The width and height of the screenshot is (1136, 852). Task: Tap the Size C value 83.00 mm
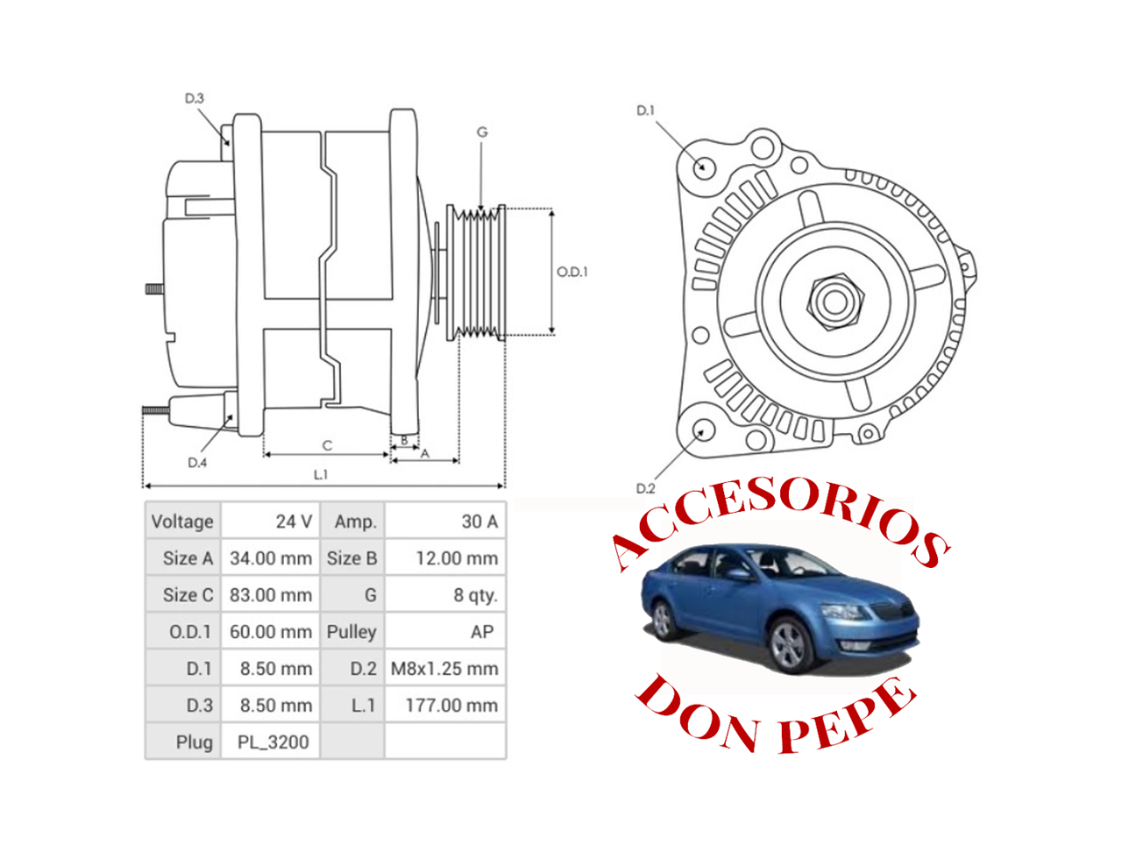pyautogui.click(x=271, y=596)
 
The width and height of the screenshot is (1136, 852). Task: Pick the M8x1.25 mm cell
pyautogui.click(x=445, y=669)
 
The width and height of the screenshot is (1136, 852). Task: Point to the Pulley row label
pyautogui.click(x=351, y=632)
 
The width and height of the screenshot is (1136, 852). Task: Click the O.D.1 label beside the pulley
pyautogui.click(x=572, y=272)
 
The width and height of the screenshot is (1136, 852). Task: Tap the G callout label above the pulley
pyautogui.click(x=482, y=132)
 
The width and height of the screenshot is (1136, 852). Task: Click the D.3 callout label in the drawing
pyautogui.click(x=194, y=98)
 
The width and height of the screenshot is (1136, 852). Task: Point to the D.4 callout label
pyautogui.click(x=197, y=462)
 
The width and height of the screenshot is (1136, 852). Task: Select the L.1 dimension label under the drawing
pyautogui.click(x=320, y=475)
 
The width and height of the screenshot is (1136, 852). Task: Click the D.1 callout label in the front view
pyautogui.click(x=645, y=110)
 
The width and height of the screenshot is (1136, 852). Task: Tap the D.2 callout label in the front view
pyautogui.click(x=645, y=488)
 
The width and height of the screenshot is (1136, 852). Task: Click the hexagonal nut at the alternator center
pyautogui.click(x=834, y=302)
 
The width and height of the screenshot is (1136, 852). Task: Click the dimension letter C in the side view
pyautogui.click(x=327, y=446)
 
